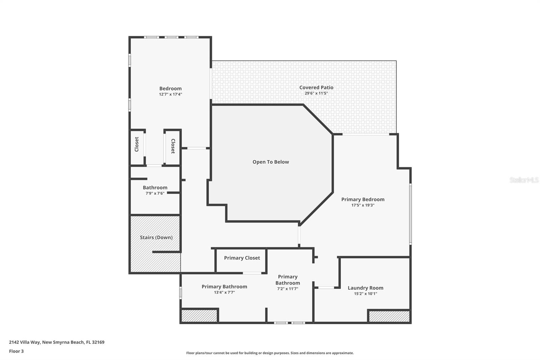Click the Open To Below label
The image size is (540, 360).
pyautogui.click(x=271, y=162)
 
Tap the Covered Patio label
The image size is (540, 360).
pyautogui.click(x=316, y=87)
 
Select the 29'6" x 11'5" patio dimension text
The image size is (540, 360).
pyautogui.click(x=316, y=93)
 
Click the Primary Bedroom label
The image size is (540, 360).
pyautogui.click(x=363, y=199)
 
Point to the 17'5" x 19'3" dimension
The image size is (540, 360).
pyautogui.click(x=363, y=205)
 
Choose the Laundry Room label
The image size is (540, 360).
pyautogui.click(x=366, y=288)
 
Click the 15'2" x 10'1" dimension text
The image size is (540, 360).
pyautogui.click(x=366, y=294)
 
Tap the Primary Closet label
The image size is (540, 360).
pyautogui.click(x=242, y=258)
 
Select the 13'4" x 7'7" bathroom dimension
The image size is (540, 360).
pyautogui.click(x=224, y=292)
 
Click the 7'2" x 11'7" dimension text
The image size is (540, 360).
pyautogui.click(x=288, y=289)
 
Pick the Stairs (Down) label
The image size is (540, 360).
pyautogui.click(x=156, y=237)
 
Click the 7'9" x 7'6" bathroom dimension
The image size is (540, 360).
pyautogui.click(x=155, y=194)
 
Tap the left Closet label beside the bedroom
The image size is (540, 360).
pyautogui.click(x=137, y=144)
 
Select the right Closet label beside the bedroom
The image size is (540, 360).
pyautogui.click(x=173, y=146)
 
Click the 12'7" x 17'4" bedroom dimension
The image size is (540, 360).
pyautogui.click(x=170, y=95)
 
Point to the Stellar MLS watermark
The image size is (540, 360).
pyautogui.click(x=524, y=180)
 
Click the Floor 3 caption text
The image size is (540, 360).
pyautogui.click(x=16, y=351)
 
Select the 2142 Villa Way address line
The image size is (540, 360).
pyautogui.click(x=57, y=342)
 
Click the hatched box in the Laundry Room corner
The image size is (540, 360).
pyautogui.click(x=389, y=316)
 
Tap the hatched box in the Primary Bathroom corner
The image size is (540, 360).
pyautogui.click(x=199, y=316)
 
